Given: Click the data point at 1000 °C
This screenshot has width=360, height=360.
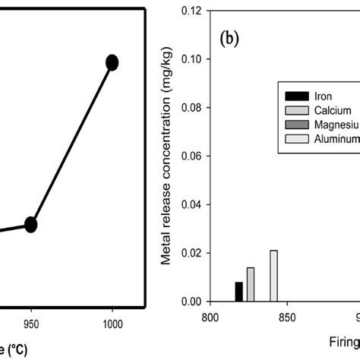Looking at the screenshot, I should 112,62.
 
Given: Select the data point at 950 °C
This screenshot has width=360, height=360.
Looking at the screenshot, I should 31,224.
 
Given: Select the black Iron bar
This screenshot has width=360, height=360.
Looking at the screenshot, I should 239,292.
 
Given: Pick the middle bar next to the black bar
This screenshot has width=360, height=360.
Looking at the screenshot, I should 251,285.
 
